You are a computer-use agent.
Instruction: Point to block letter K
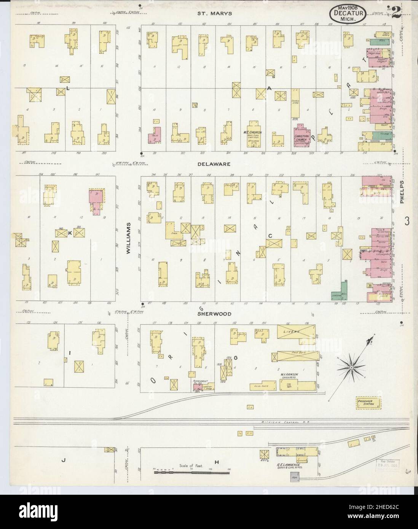pos(70,233)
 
